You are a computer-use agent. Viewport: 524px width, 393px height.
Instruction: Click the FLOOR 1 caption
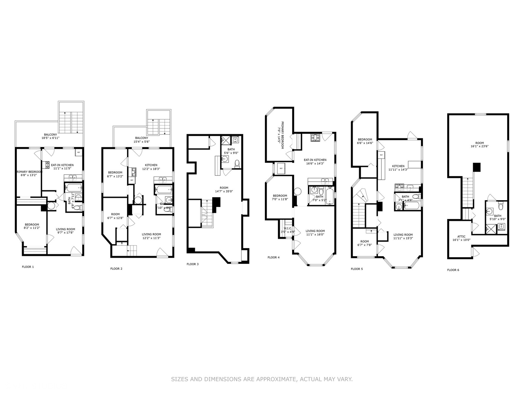(x=28, y=267)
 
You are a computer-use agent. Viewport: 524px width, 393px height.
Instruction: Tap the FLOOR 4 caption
(x=273, y=257)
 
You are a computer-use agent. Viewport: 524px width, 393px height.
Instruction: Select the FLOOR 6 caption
(x=453, y=270)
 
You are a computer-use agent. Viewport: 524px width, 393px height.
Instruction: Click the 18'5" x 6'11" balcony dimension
(x=50, y=138)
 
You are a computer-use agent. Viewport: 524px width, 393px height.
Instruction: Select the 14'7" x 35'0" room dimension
(x=224, y=191)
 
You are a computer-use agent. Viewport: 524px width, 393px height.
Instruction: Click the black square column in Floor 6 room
(x=477, y=167)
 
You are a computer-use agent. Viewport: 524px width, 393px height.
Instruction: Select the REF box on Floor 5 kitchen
(x=381, y=155)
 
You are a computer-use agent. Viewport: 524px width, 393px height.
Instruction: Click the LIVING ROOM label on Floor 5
(x=403, y=235)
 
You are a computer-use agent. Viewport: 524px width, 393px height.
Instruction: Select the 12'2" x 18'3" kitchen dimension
(x=151, y=169)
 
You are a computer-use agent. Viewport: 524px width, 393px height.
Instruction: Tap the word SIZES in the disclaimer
(x=180, y=379)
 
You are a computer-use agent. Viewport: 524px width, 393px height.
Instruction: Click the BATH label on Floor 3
(x=231, y=149)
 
